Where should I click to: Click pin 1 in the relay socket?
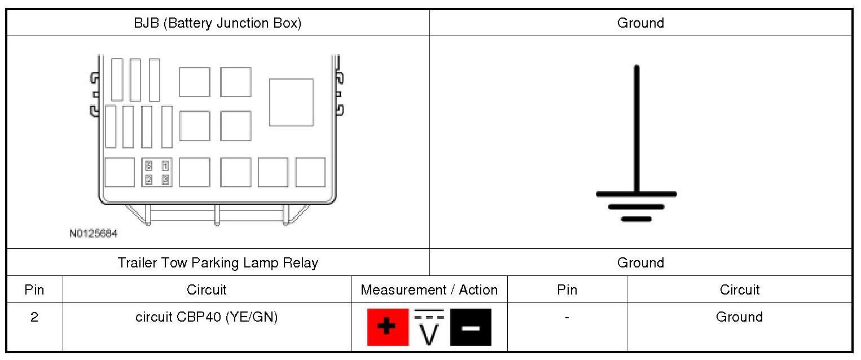[165, 166]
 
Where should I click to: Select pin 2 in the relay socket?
[149, 180]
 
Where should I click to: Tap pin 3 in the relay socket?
[165, 180]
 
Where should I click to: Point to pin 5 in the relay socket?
[149, 166]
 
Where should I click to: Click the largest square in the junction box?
[291, 102]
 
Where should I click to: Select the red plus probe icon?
[388, 327]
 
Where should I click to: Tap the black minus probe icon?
[471, 327]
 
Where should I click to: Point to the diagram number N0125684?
[94, 233]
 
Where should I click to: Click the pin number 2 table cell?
[34, 317]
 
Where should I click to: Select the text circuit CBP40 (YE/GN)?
[207, 317]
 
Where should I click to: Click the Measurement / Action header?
[429, 290]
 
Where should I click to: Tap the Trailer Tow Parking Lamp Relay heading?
[218, 263]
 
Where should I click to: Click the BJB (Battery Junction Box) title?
[218, 23]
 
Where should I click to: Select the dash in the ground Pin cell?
[566, 318]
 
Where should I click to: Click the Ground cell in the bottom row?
[739, 317]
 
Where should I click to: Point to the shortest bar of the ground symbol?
[636, 219]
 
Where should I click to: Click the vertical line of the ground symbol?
[636, 130]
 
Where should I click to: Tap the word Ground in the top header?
[640, 23]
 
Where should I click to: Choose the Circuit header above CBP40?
[207, 290]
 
